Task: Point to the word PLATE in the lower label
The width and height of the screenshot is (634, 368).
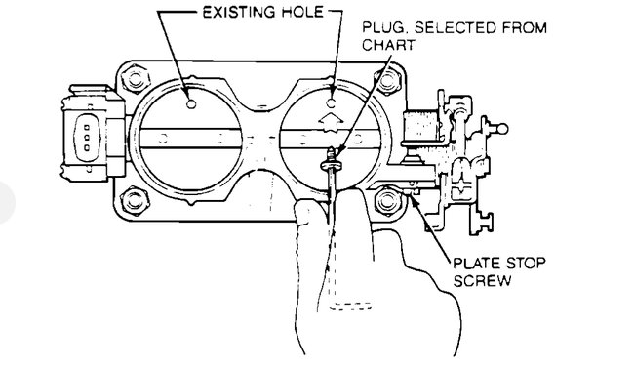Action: pos(475,263)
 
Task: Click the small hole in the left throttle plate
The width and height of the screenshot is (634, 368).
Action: pos(191,102)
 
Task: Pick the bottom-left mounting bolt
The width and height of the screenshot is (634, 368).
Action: pos(127,202)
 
